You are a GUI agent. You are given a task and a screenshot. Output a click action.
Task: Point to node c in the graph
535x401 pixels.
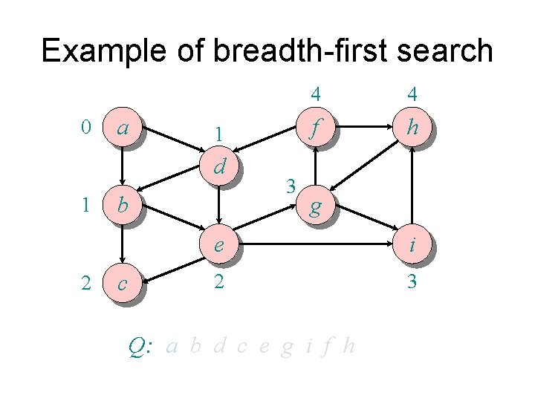click(123, 283)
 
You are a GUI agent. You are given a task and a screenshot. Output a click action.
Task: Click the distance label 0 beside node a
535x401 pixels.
click(86, 128)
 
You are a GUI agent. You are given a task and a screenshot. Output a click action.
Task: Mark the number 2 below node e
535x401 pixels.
click(218, 282)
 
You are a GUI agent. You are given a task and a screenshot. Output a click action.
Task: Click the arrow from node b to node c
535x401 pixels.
click(123, 244)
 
